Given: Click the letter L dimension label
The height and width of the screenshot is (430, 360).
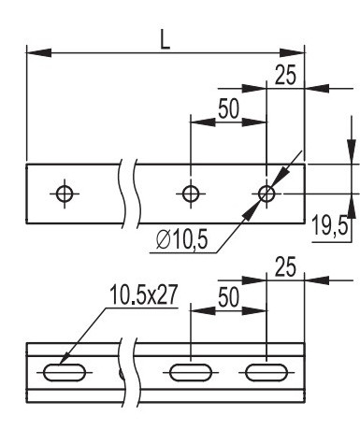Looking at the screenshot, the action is point(165,40).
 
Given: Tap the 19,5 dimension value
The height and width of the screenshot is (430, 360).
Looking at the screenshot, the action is point(330,225).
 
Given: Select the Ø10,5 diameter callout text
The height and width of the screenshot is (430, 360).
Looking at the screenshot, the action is point(181,240).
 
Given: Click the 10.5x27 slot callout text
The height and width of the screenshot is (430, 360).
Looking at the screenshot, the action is point(143,294).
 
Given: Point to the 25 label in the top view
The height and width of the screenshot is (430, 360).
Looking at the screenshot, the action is point(285,76).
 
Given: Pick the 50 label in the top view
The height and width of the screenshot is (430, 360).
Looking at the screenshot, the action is point(228,108).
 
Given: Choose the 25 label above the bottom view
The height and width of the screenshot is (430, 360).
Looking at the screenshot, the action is point(285,267).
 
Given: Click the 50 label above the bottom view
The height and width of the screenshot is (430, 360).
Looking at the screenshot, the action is point(228,297).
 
